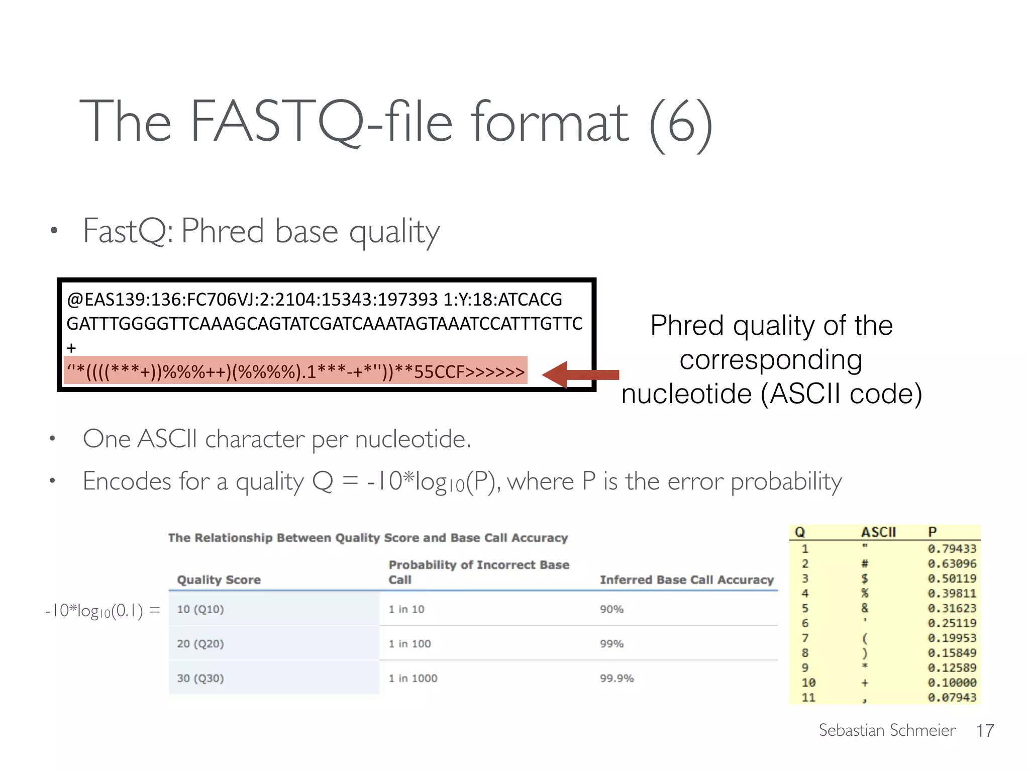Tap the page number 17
coord(985,730)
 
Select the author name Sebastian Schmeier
coord(887,730)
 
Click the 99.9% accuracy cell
coord(616,678)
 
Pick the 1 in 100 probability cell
coord(409,643)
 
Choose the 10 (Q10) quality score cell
coord(200,609)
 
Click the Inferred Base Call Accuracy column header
coord(686,580)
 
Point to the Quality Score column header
coord(219,580)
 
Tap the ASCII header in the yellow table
coord(878,532)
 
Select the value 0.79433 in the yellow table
coord(952,548)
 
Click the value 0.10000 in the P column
coord(952,683)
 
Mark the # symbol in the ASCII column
coord(865,563)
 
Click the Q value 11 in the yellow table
coord(808,698)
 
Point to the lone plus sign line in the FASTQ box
coord(71,348)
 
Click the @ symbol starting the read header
coord(75,300)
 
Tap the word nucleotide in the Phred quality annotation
coord(686,393)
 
